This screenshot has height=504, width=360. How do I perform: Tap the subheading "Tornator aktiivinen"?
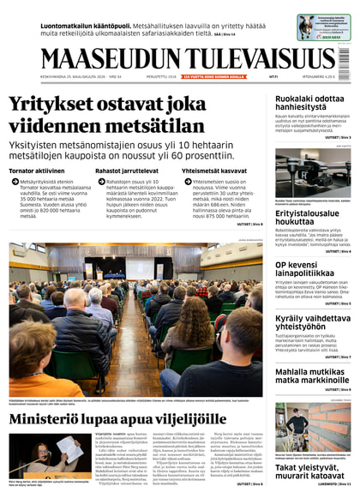(36, 171)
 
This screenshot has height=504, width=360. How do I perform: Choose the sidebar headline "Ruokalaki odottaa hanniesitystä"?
(309, 105)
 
